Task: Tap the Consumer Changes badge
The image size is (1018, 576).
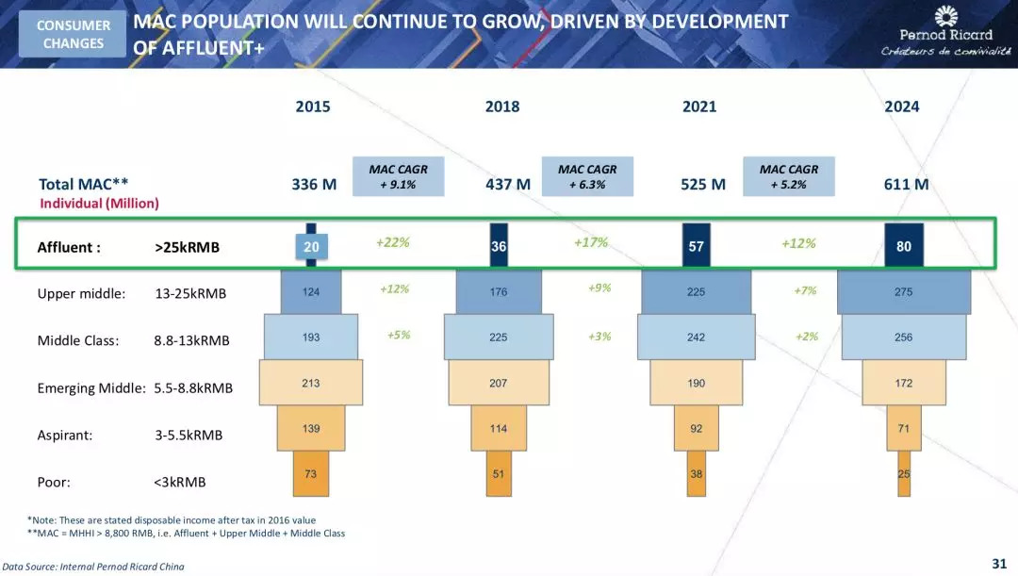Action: pyautogui.click(x=74, y=34)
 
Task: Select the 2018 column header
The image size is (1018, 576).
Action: pyautogui.click(x=502, y=107)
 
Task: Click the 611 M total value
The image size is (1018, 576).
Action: pyautogui.click(x=906, y=184)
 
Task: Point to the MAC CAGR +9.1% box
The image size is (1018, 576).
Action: pyautogui.click(x=398, y=176)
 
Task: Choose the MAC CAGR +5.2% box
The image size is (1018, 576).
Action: pyautogui.click(x=788, y=176)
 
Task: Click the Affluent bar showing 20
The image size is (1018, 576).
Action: pyautogui.click(x=312, y=247)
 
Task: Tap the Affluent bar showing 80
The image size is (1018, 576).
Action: pyautogui.click(x=903, y=247)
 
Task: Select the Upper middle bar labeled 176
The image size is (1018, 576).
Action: pyautogui.click(x=499, y=292)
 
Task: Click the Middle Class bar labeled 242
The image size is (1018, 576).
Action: pyautogui.click(x=696, y=337)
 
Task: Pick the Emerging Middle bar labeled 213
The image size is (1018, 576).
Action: pyautogui.click(x=311, y=383)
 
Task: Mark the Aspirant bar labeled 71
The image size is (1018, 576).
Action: pyautogui.click(x=903, y=428)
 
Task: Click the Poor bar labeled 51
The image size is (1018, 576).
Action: pyautogui.click(x=499, y=473)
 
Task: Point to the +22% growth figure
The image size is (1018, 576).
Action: pyautogui.click(x=392, y=242)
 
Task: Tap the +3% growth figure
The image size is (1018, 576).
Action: pyautogui.click(x=599, y=336)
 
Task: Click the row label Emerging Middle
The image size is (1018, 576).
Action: pyautogui.click(x=90, y=387)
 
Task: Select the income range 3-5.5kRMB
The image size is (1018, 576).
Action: pyautogui.click(x=189, y=435)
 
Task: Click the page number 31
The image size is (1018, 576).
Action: pyautogui.click(x=999, y=564)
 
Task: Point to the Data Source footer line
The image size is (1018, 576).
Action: pyautogui.click(x=93, y=567)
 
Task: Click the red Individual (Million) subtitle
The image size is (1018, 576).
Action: pyautogui.click(x=99, y=203)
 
